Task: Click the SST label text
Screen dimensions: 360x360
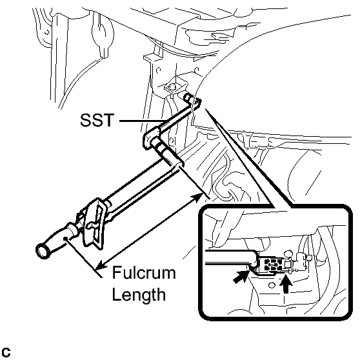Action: pyautogui.click(x=97, y=120)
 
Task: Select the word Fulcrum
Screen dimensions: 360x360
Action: pyautogui.click(x=144, y=272)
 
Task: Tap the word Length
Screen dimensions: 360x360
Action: pyautogui.click(x=139, y=294)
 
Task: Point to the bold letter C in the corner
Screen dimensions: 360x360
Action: pyautogui.click(x=6, y=353)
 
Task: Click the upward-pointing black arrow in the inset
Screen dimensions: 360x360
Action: pyautogui.click(x=286, y=285)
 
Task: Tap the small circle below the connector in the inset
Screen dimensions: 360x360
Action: pyautogui.click(x=272, y=285)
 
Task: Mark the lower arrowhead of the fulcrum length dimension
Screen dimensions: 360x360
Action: pyautogui.click(x=101, y=265)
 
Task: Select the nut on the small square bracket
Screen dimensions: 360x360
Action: pyautogui.click(x=172, y=87)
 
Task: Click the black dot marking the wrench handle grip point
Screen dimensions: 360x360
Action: pyautogui.click(x=65, y=239)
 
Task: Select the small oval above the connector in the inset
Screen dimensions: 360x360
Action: pyautogui.click(x=288, y=254)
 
